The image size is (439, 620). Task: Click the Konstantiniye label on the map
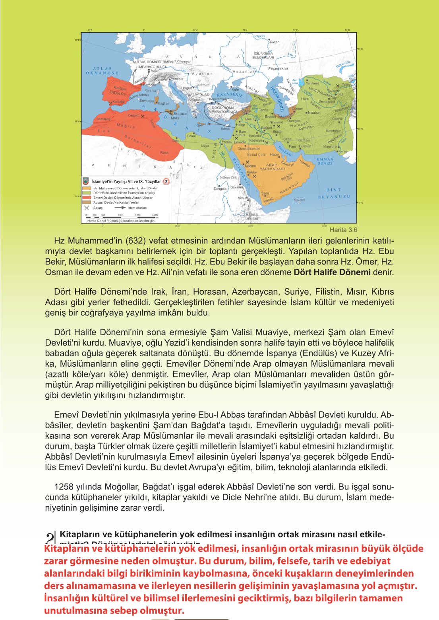219,99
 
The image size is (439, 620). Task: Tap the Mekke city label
251,173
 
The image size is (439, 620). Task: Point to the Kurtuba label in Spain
118,101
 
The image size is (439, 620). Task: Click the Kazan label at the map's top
275,42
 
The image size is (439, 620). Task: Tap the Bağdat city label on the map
267,128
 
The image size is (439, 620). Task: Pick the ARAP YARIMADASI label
272,167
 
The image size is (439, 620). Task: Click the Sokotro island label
300,200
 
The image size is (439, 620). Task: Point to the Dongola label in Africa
220,189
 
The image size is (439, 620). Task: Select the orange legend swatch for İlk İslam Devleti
87,188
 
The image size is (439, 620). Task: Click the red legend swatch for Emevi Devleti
87,198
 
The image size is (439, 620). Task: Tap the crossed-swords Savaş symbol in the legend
87,208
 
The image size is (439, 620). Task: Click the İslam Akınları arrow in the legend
120,208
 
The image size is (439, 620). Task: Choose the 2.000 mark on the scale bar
155,215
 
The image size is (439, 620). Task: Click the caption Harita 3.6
343,229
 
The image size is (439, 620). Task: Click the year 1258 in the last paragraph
64,487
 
